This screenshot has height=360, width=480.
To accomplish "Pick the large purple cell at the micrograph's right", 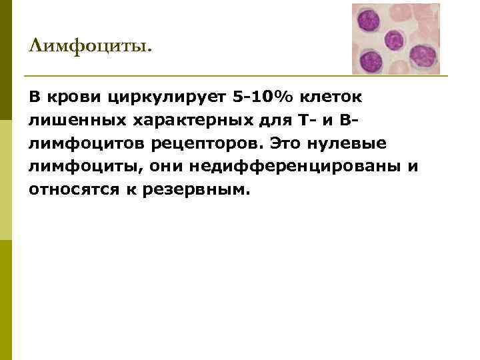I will tap(422, 56).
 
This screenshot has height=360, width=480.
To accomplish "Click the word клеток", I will tap(331, 97).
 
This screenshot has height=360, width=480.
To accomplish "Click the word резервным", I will tap(195, 189).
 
